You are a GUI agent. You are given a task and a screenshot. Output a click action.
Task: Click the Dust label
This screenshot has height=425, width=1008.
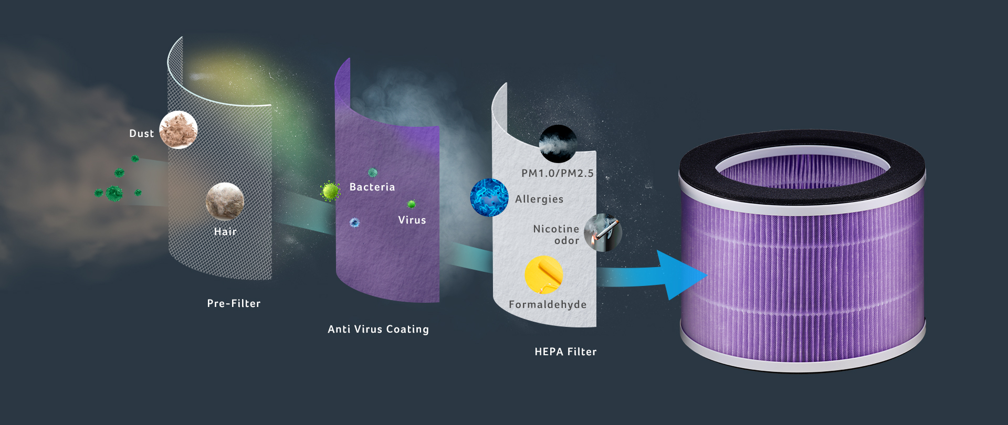141,134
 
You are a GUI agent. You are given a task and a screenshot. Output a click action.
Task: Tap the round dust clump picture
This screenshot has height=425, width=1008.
178,130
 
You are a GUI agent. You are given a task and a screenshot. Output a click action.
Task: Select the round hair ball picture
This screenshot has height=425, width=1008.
225,201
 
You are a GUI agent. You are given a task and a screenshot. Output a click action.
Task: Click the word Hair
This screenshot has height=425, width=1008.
225,231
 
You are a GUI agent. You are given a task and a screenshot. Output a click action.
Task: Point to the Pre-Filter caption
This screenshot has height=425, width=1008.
234,303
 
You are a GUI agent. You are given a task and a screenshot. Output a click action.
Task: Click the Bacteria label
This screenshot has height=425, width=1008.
372,187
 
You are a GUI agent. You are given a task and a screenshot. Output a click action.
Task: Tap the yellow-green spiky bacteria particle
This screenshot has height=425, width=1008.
330,191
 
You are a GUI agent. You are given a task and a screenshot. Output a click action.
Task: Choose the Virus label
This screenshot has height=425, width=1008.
412,220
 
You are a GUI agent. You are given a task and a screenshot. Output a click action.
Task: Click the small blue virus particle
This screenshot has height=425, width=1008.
354,223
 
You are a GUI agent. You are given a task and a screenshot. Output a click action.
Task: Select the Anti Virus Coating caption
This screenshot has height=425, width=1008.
378,329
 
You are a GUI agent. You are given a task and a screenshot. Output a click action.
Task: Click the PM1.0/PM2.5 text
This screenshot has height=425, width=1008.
558,173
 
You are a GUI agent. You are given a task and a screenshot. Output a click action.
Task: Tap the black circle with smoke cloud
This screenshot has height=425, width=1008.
558,143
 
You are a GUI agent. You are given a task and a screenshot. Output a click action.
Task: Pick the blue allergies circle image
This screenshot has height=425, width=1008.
489,198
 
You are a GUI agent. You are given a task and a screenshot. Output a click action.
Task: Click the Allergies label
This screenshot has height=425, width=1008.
539,199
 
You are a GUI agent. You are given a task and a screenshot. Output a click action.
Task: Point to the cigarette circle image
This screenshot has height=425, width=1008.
603,232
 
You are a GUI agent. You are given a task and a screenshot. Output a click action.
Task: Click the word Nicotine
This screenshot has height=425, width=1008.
556,229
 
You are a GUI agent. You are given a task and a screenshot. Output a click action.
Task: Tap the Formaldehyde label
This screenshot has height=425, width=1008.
548,304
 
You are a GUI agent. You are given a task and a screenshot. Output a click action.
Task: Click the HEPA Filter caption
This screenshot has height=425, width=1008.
565,352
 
